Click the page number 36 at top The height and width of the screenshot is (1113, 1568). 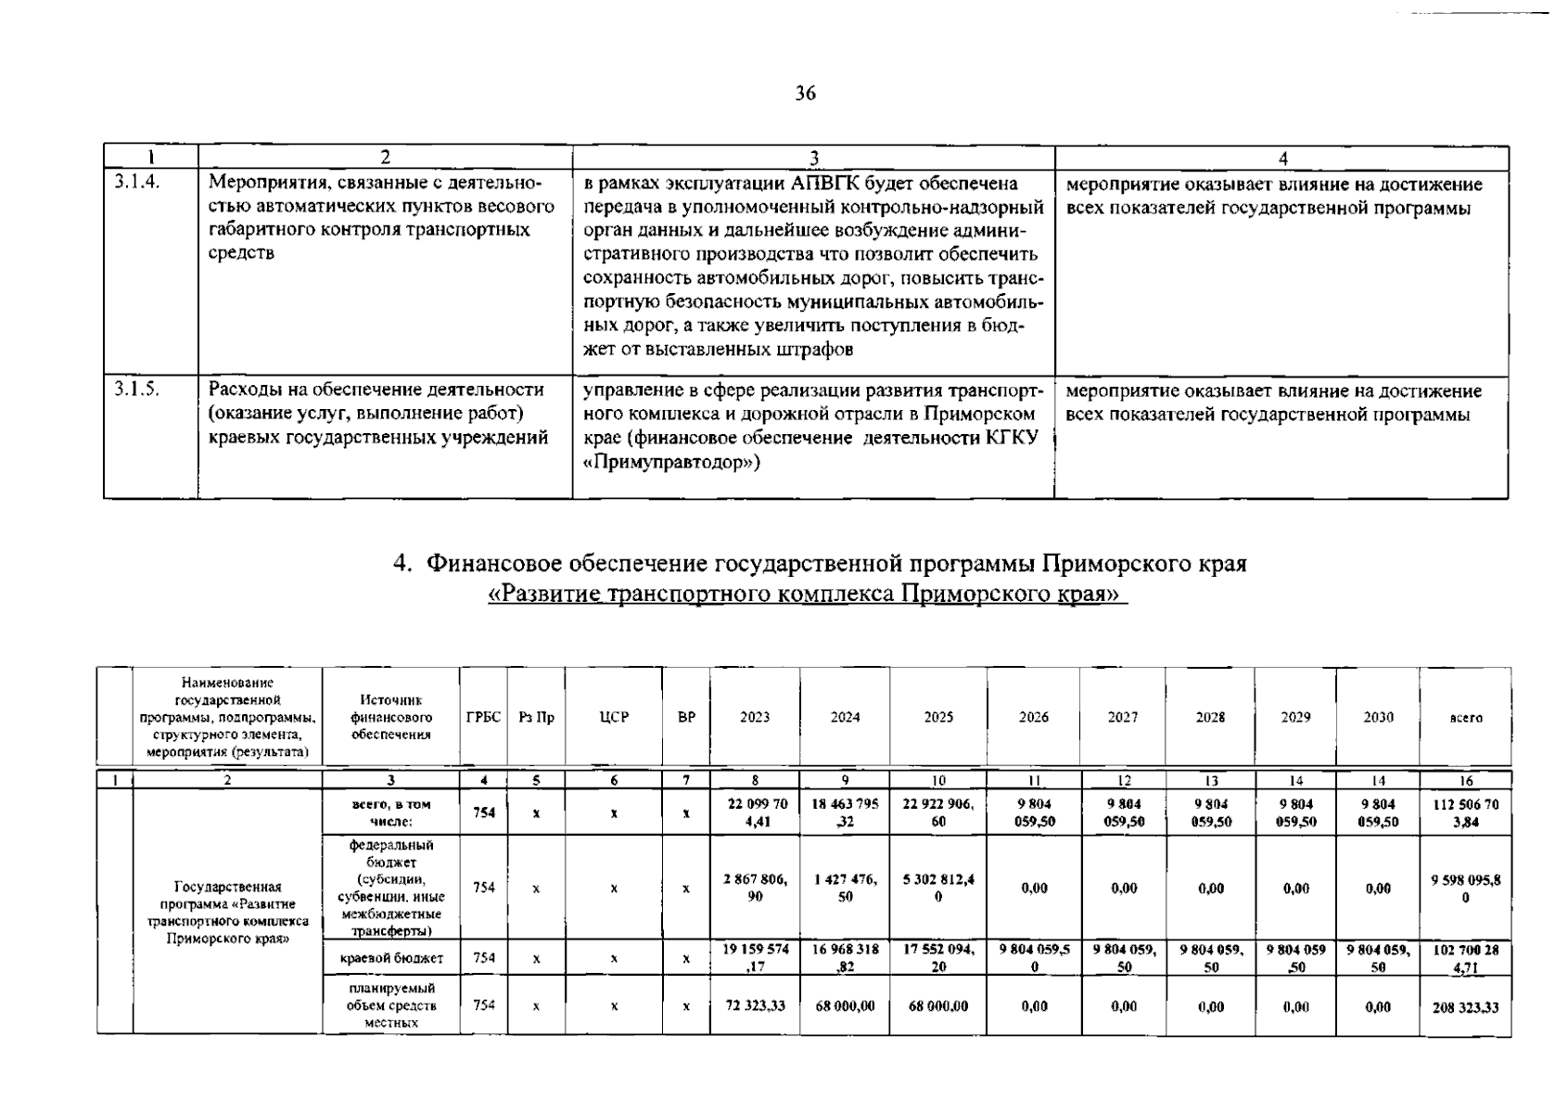(805, 93)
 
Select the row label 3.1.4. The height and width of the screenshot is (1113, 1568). (137, 183)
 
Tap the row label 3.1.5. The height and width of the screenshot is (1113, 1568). (137, 390)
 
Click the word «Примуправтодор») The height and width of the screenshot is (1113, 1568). (671, 461)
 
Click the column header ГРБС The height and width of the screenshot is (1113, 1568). (483, 717)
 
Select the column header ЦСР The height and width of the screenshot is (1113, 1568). (614, 717)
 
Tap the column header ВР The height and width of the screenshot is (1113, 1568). (686, 717)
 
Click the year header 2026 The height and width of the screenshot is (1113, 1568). (1033, 717)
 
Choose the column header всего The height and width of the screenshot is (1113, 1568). (1465, 718)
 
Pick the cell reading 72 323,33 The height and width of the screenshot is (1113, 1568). (755, 1005)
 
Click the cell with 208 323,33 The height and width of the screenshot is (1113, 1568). (1465, 1007)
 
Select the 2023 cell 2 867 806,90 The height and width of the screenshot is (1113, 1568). (755, 888)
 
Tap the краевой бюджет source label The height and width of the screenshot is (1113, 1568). (391, 957)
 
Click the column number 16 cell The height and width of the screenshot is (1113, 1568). (1465, 781)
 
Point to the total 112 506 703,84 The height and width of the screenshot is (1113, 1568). (1465, 812)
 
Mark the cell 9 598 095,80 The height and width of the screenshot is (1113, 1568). (1465, 888)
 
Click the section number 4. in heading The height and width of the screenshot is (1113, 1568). (402, 564)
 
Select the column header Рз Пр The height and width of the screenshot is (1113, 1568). (536, 717)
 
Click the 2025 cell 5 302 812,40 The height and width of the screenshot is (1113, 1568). (937, 888)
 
